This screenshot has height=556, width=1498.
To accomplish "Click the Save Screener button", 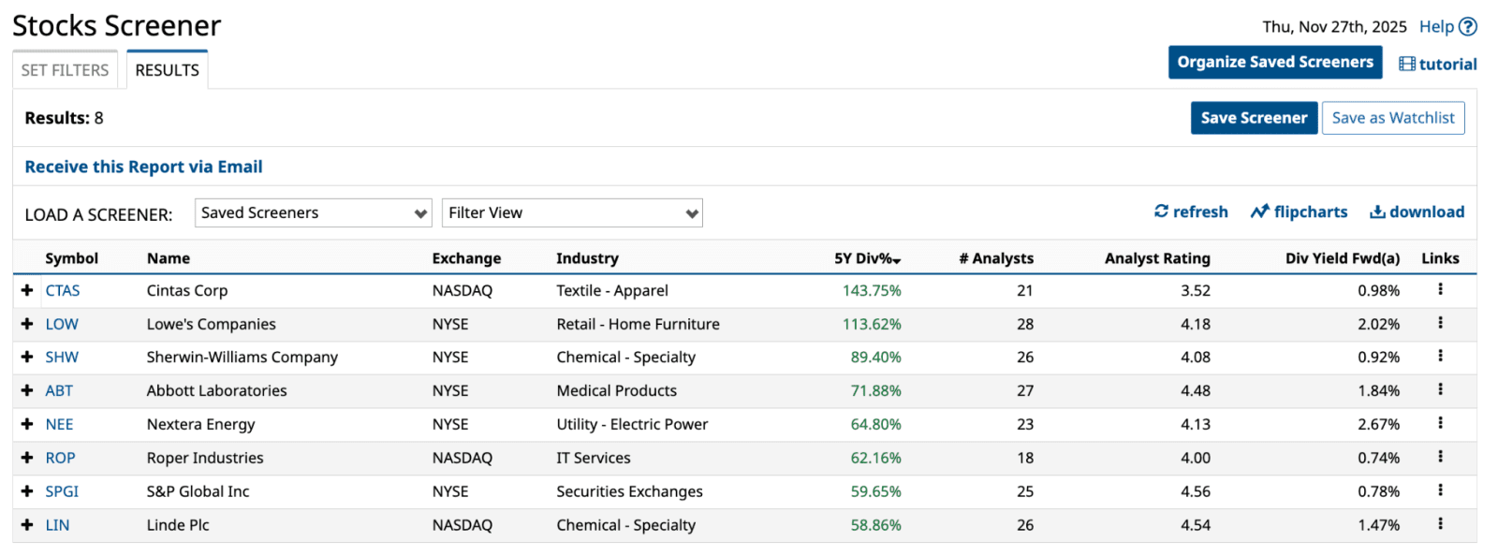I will click(1253, 118).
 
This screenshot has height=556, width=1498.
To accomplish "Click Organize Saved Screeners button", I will click(1274, 63).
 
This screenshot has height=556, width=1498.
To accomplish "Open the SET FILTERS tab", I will click(65, 70).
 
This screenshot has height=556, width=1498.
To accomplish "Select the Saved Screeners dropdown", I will click(313, 213).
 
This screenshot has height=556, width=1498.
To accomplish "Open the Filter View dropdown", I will click(572, 213).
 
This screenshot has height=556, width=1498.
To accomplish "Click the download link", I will click(1417, 212).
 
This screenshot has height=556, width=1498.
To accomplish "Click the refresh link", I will click(1191, 212).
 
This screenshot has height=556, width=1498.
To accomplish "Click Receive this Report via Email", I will click(143, 167).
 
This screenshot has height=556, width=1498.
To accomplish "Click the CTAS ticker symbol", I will click(63, 291).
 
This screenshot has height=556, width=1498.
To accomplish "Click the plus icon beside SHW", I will click(27, 358).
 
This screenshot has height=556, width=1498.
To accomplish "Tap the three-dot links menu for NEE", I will click(1440, 424).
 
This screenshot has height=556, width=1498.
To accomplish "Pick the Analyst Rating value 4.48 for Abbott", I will click(1195, 391).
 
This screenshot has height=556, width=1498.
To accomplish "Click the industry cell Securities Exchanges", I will click(629, 492).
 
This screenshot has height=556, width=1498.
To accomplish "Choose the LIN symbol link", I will click(57, 526).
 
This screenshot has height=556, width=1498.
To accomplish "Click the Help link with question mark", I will click(1447, 27).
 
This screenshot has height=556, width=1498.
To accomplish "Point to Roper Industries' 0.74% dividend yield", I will click(1378, 459).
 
